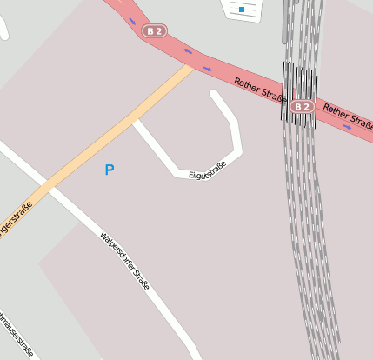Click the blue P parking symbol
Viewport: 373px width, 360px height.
[x=110, y=170]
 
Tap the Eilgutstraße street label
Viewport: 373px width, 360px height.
[x=207, y=170]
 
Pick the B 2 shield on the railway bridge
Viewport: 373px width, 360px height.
[x=302, y=107]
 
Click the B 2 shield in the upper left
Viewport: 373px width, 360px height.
[x=155, y=31]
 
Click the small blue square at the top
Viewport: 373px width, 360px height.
[x=241, y=10]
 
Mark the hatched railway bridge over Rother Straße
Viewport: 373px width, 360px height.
[x=298, y=94]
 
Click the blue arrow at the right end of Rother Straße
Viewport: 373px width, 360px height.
[x=346, y=126]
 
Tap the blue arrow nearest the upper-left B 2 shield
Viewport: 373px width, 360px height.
[x=133, y=21]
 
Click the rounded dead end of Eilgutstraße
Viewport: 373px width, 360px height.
[x=215, y=94]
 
